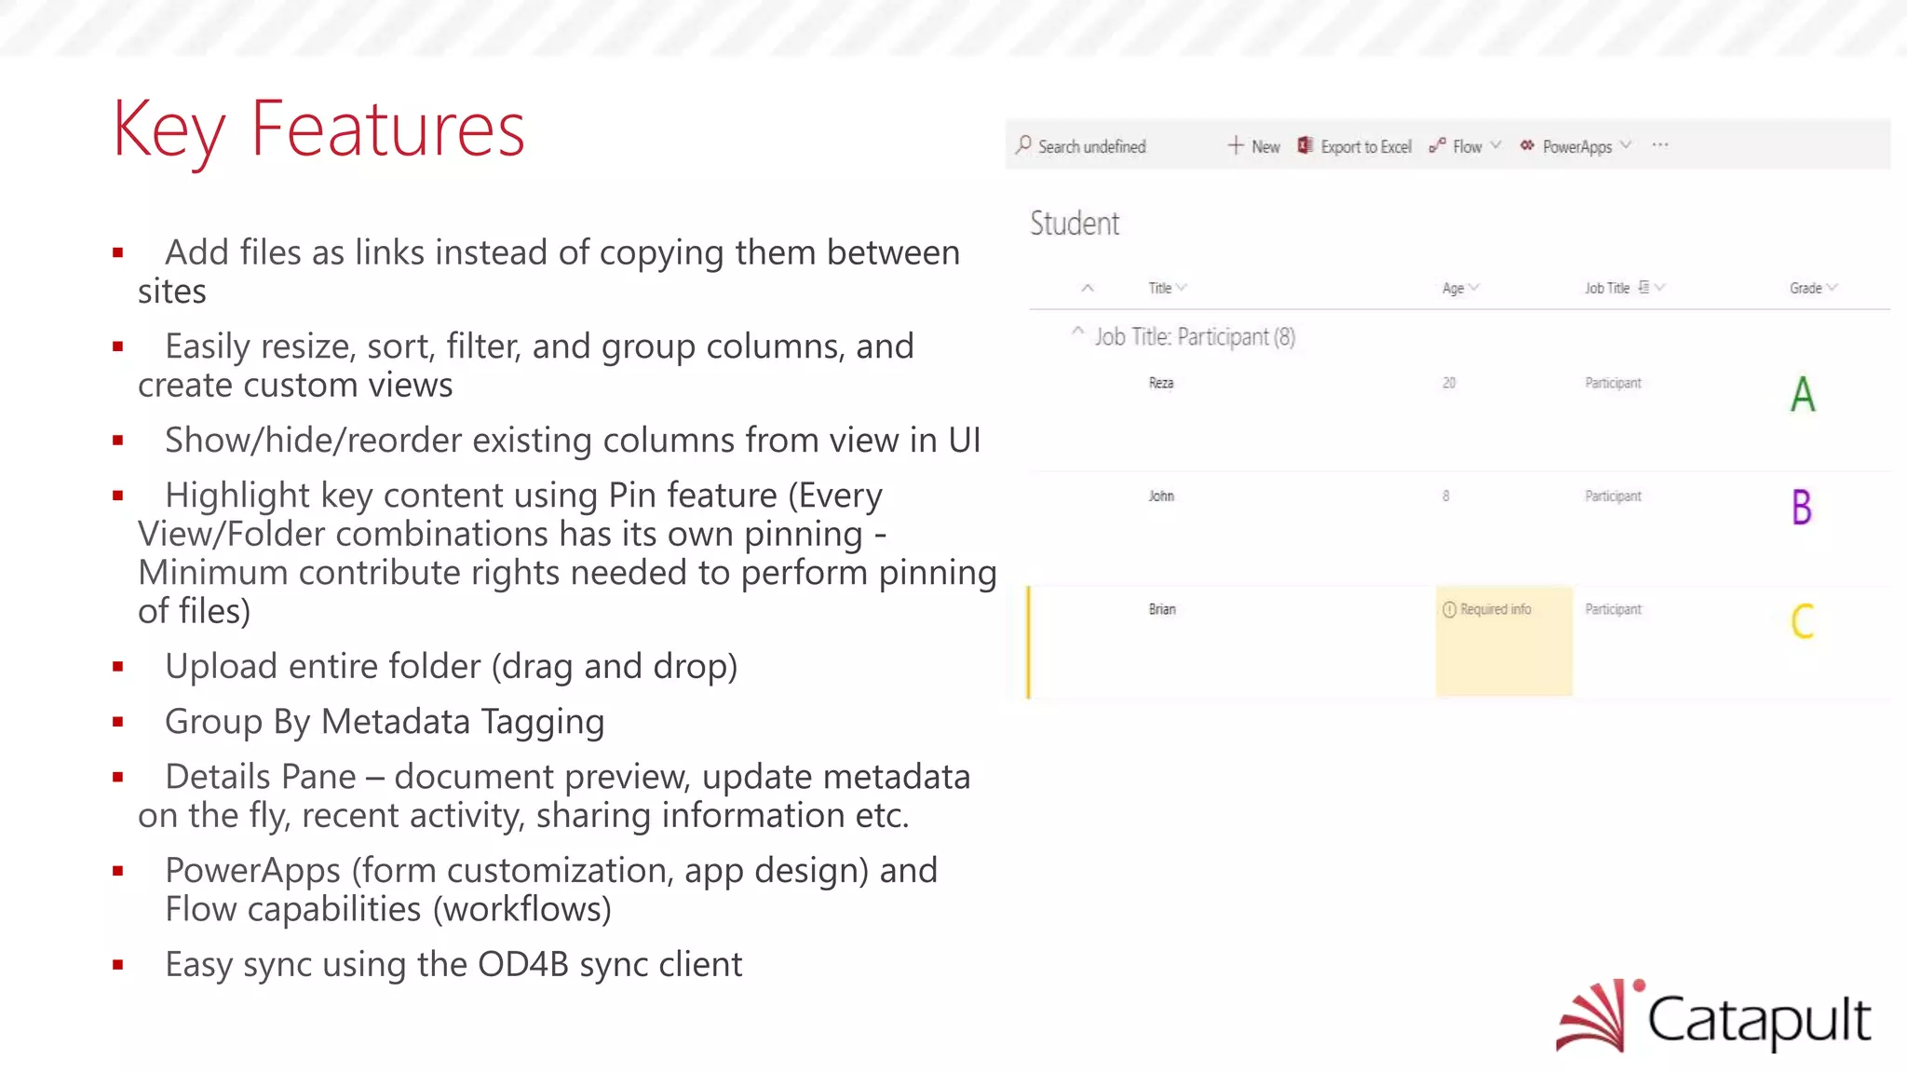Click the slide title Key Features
pyautogui.click(x=318, y=130)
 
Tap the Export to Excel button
pyautogui.click(x=1355, y=146)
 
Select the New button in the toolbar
pyautogui.click(x=1254, y=146)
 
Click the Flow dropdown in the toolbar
pyautogui.click(x=1467, y=146)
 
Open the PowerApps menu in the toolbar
pyautogui.click(x=1576, y=146)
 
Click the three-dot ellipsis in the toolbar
pyautogui.click(x=1660, y=145)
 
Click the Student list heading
pyautogui.click(x=1075, y=224)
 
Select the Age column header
pyautogui.click(x=1454, y=289)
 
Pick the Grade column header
pyautogui.click(x=1806, y=289)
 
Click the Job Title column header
pyautogui.click(x=1608, y=289)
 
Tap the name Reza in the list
pyautogui.click(x=1161, y=383)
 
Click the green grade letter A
pyautogui.click(x=1803, y=394)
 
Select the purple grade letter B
pyautogui.click(x=1802, y=508)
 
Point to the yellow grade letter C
pyautogui.click(x=1803, y=621)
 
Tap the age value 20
pyautogui.click(x=1449, y=383)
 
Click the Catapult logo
pyautogui.click(x=1713, y=1016)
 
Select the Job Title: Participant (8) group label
pyautogui.click(x=1195, y=337)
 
